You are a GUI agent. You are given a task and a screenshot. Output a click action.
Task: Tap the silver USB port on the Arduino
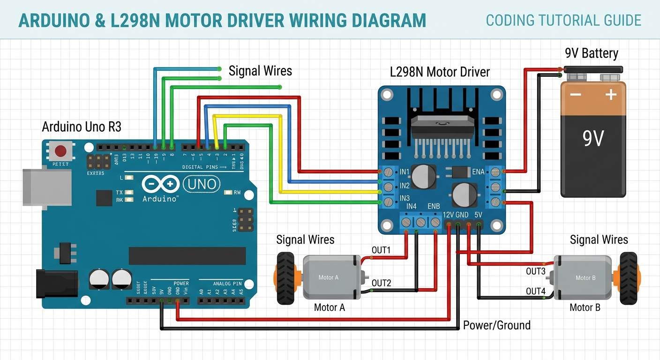[x=47, y=187]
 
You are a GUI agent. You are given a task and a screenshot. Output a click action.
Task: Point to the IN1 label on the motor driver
[x=405, y=172]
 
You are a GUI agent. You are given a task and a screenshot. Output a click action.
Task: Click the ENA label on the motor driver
[x=478, y=172]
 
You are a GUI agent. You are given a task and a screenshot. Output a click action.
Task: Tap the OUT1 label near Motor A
[x=381, y=250]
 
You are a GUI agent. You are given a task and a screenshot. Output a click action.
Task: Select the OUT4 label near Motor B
[x=535, y=291]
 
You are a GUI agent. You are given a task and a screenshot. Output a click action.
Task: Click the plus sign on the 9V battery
[x=610, y=95]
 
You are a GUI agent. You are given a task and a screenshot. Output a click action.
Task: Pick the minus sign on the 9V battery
[x=575, y=95]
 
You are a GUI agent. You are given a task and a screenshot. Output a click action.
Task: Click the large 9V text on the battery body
[x=593, y=139]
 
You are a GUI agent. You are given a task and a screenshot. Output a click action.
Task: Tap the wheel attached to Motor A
[x=285, y=278]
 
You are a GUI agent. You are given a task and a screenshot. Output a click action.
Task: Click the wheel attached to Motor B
[x=628, y=278]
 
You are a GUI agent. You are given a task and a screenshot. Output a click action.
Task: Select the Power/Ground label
[x=496, y=325]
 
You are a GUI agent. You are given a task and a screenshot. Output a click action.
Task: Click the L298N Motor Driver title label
[x=440, y=72]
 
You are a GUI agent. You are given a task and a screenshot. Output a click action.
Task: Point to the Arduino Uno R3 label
[x=82, y=127]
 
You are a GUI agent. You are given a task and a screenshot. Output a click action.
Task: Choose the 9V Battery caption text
[x=591, y=53]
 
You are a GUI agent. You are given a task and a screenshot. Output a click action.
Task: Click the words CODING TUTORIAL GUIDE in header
[x=563, y=20]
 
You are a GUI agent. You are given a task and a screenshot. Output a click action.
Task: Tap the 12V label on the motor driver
[x=449, y=215]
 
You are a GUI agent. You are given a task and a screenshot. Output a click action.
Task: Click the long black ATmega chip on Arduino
[x=187, y=256]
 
